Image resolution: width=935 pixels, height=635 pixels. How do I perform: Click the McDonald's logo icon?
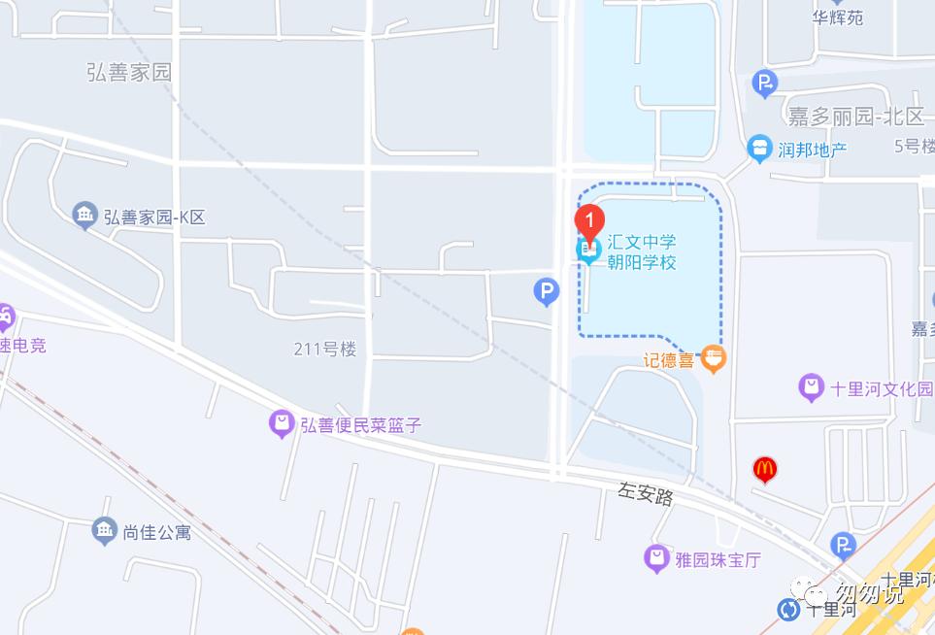click(x=765, y=470)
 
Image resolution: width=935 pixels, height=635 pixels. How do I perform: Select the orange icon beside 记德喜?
click(x=714, y=358)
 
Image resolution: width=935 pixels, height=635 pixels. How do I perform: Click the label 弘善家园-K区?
click(x=154, y=217)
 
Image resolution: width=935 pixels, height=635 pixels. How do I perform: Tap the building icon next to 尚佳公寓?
click(x=105, y=530)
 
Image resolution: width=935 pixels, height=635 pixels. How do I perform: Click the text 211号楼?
click(x=325, y=349)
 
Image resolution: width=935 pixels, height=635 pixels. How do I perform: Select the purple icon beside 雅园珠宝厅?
click(x=658, y=558)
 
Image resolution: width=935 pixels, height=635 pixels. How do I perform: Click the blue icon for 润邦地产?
click(x=759, y=150)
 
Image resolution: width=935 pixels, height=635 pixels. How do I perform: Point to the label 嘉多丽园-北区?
click(x=855, y=117)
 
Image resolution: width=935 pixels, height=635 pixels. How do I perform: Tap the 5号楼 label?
click(x=914, y=146)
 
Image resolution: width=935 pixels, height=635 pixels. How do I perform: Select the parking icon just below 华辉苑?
click(x=765, y=84)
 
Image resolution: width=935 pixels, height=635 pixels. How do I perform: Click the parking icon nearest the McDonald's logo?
click(x=845, y=546)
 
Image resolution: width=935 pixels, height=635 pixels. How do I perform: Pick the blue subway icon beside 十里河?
click(x=789, y=610)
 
